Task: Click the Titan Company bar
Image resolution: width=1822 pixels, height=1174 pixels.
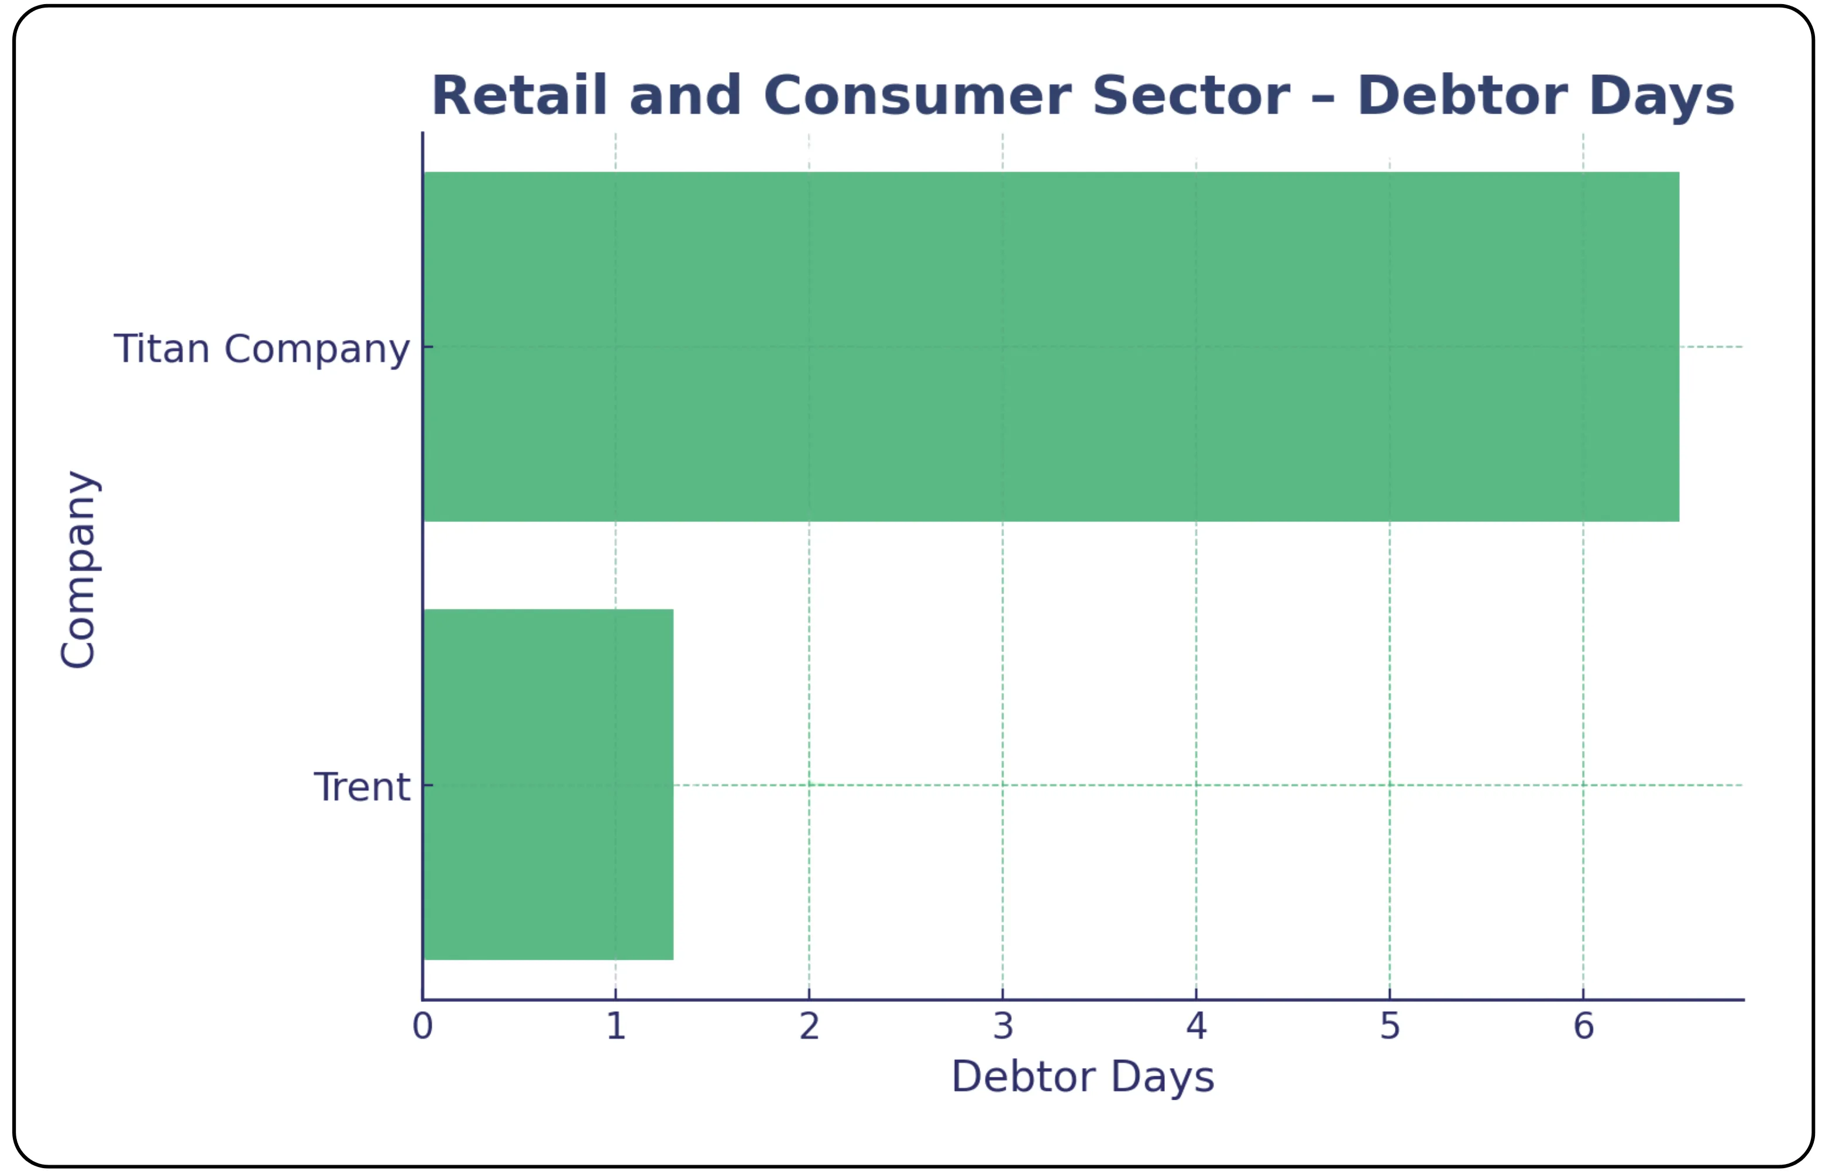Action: [1050, 347]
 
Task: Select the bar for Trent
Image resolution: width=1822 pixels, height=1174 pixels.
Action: [548, 784]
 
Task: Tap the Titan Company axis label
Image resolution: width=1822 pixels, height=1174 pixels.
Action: [262, 349]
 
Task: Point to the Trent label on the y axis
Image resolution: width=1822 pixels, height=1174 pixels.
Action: [362, 787]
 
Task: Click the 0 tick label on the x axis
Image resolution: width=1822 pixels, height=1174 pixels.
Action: [422, 1026]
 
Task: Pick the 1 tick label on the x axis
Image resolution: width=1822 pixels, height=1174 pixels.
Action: [616, 1026]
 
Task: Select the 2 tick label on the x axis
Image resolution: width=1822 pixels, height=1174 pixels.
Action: [809, 1026]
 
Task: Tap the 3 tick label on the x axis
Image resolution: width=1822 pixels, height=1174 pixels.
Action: [1003, 1026]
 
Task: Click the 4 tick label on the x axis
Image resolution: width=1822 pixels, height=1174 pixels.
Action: [1197, 1026]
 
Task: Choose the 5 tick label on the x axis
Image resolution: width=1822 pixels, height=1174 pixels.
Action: [1390, 1026]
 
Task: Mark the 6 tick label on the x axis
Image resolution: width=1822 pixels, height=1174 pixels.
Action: [1583, 1026]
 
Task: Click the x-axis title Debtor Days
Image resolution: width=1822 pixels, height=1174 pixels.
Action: [1082, 1077]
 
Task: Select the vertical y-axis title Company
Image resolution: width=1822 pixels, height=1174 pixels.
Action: [78, 569]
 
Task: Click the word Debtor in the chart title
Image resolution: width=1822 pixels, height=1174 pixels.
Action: [1462, 96]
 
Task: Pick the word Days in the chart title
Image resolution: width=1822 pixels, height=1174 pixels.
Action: [1661, 96]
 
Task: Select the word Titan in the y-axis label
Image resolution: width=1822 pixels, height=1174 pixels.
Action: [161, 349]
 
